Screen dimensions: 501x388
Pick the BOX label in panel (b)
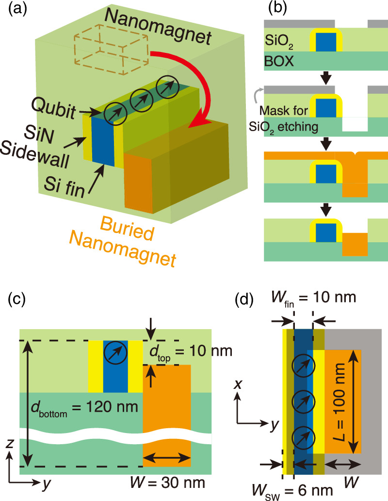tap(281, 62)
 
